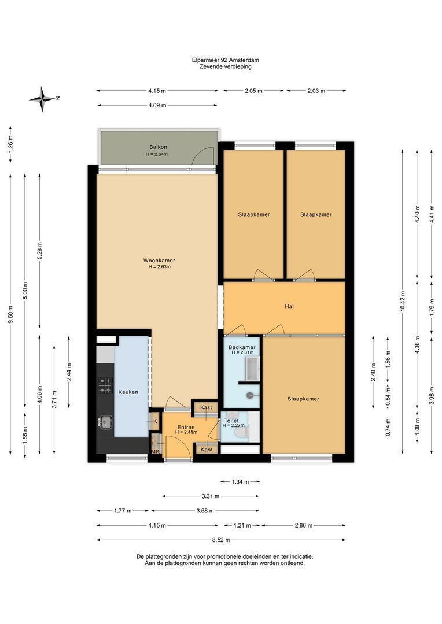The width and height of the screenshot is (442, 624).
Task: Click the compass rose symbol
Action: [x=42, y=99]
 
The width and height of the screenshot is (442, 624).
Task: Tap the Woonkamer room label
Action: [x=159, y=261]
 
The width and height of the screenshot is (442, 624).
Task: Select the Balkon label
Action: [x=158, y=147]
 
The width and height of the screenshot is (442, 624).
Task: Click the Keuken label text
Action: [x=128, y=392]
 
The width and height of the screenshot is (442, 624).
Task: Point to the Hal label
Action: [x=289, y=306]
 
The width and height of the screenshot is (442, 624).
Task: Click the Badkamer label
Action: [x=242, y=347]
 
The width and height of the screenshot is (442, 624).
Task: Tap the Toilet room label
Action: [x=231, y=421]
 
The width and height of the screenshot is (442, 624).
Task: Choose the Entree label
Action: [x=186, y=427]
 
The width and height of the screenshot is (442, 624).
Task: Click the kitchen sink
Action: [x=106, y=421]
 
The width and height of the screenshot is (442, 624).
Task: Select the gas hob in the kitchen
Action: [x=106, y=385]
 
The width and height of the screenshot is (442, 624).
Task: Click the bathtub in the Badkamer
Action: [x=253, y=368]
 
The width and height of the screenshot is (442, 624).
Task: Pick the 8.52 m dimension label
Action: [x=222, y=540]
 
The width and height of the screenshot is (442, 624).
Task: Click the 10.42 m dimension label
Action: [x=403, y=301]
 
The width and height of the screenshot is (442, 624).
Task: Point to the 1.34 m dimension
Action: [x=240, y=482]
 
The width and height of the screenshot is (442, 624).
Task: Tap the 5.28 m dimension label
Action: [x=39, y=251]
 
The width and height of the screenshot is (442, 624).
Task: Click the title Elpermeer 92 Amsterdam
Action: [x=226, y=60]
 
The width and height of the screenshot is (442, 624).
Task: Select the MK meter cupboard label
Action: [x=155, y=451]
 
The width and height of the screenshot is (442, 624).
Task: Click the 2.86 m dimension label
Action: [x=304, y=525]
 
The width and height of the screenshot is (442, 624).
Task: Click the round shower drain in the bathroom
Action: [x=250, y=395]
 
